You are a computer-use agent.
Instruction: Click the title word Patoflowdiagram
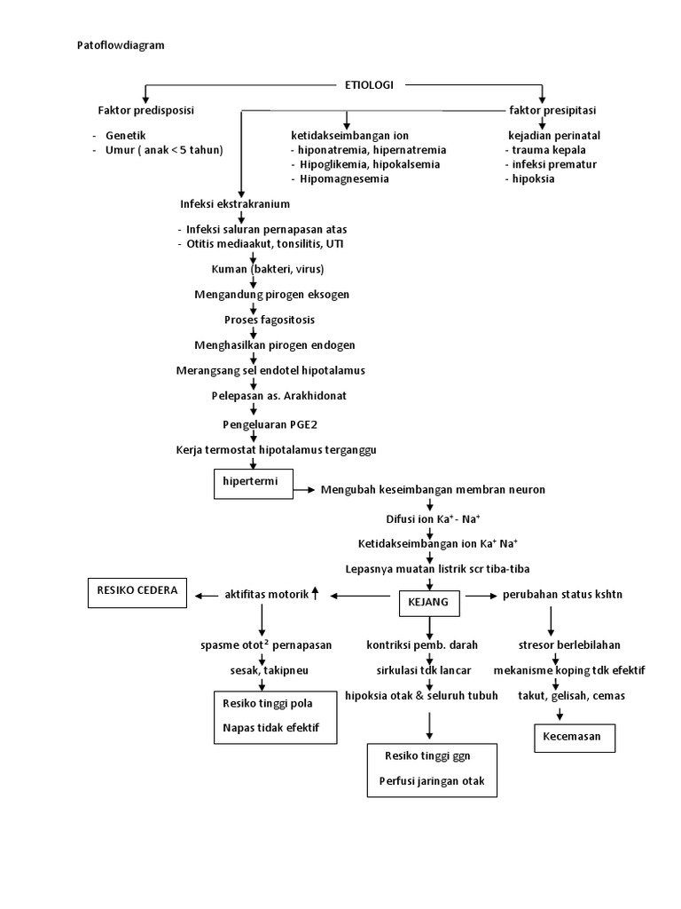(115, 44)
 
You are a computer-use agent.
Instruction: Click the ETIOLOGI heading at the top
(369, 85)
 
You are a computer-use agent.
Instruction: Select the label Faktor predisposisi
(146, 110)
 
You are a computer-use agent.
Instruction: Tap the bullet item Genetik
(125, 136)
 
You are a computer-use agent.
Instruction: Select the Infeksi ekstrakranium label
(235, 204)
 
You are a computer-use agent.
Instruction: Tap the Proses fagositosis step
(256, 319)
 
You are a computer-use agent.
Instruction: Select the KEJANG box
(430, 602)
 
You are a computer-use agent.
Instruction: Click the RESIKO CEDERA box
(137, 590)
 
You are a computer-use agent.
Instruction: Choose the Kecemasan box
(573, 737)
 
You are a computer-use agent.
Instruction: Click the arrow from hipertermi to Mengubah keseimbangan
(304, 489)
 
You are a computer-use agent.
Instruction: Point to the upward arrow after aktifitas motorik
(315, 594)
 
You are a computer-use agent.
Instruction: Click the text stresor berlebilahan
(568, 644)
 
